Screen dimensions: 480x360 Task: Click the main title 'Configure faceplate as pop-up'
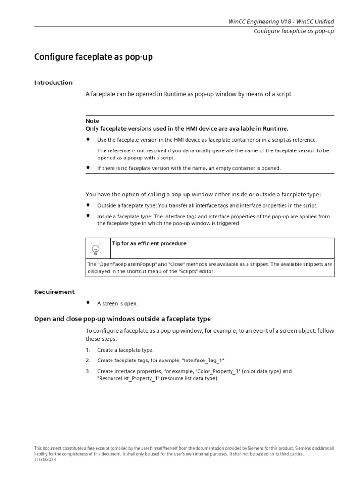tap(93, 57)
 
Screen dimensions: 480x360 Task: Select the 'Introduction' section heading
tap(53, 82)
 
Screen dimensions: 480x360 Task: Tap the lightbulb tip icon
tap(96, 248)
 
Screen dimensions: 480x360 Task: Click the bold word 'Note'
tap(92, 121)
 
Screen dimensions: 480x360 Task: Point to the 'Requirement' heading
tap(54, 292)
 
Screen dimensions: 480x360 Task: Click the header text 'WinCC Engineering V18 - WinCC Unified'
tap(281, 22)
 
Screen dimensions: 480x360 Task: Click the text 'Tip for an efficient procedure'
tap(149, 244)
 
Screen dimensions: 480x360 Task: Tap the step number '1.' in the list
tap(88, 350)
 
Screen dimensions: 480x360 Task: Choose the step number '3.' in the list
tap(88, 371)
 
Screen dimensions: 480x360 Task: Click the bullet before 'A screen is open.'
tap(88, 303)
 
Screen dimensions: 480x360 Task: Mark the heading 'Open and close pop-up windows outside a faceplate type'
tap(122, 319)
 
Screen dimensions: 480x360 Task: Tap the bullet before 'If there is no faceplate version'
tap(88, 168)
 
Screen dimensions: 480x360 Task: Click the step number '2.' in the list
tap(88, 360)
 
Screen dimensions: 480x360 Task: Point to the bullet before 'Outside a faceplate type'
tap(88, 205)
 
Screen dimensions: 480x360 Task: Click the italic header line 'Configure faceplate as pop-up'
tap(293, 31)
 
